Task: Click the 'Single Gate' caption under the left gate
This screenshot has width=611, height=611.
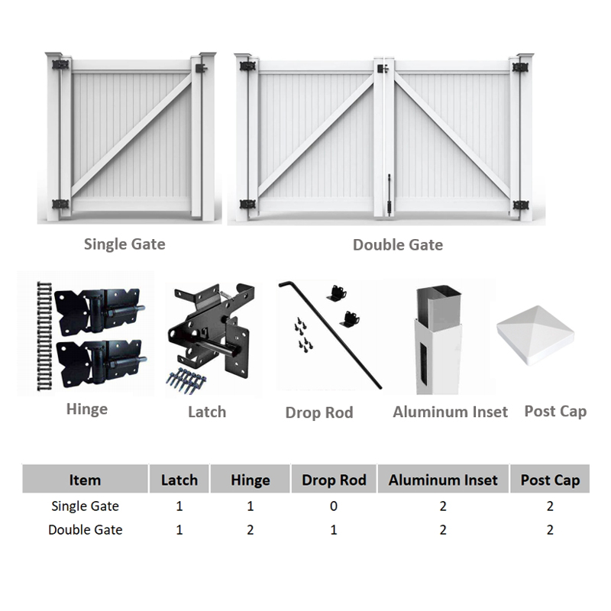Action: point(124,244)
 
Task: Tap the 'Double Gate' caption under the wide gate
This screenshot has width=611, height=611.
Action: point(398,244)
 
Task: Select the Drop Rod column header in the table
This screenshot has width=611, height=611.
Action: point(334,480)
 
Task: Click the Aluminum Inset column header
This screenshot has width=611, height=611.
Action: point(443,480)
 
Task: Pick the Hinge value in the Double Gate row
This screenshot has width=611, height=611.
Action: point(251,529)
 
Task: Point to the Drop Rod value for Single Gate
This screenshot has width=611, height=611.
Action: point(334,506)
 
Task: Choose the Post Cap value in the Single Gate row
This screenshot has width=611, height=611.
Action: point(550,506)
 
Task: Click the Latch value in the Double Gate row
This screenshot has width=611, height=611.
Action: point(179,529)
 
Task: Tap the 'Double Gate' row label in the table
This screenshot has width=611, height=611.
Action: point(86,529)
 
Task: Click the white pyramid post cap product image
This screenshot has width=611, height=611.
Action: point(535,335)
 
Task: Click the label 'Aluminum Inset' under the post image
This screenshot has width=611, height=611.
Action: point(450,412)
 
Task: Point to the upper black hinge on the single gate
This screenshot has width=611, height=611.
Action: point(60,64)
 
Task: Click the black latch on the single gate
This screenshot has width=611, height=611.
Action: point(201,69)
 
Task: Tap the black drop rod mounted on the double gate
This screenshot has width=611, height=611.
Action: point(389,195)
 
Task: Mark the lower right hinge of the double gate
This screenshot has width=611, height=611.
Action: point(520,205)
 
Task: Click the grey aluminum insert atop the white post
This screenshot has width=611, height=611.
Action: point(438,307)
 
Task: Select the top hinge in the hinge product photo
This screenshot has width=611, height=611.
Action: point(99,310)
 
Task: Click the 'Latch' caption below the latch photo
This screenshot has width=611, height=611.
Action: point(207,412)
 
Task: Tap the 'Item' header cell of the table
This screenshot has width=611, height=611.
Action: point(85,480)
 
